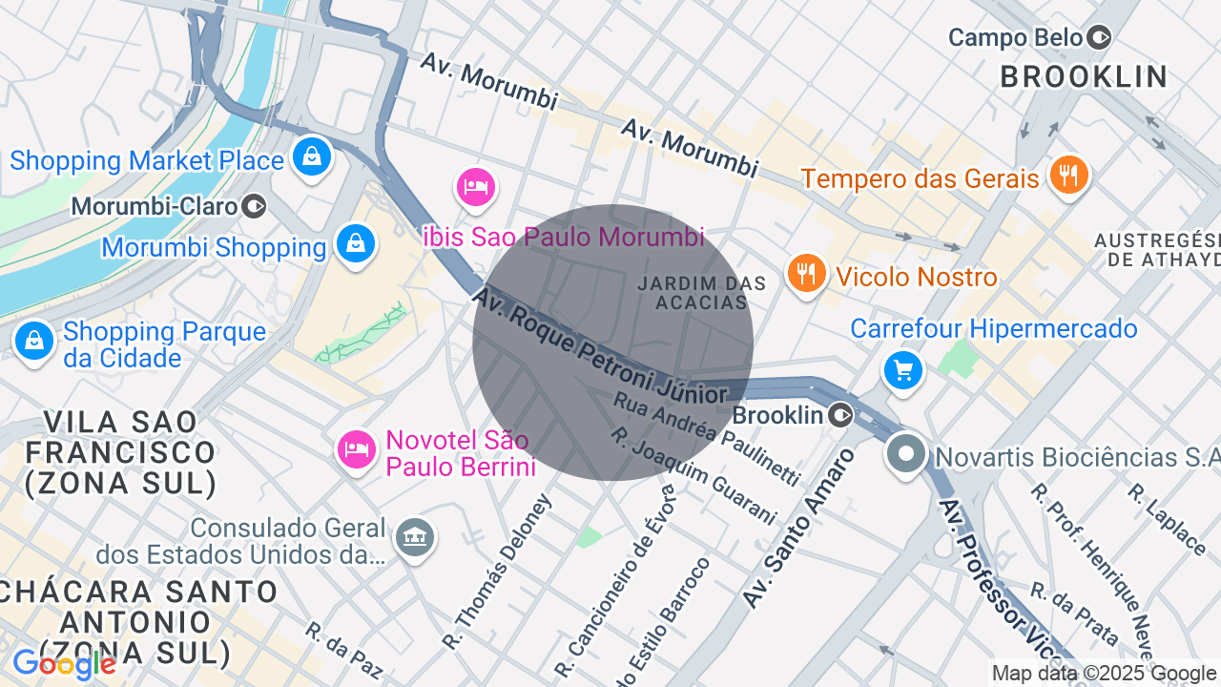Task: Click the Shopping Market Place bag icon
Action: [x=311, y=157]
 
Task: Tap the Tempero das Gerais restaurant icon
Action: [x=1068, y=176]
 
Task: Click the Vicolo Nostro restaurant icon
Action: [x=807, y=275]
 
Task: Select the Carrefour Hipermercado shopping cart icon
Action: [x=902, y=369]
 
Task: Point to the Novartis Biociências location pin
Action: [x=906, y=454]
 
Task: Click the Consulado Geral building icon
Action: [x=415, y=536]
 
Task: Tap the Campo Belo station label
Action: [x=1029, y=37]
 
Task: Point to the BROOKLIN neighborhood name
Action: [x=1084, y=77]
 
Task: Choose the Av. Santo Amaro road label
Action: [x=799, y=528]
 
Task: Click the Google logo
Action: [x=63, y=664]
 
